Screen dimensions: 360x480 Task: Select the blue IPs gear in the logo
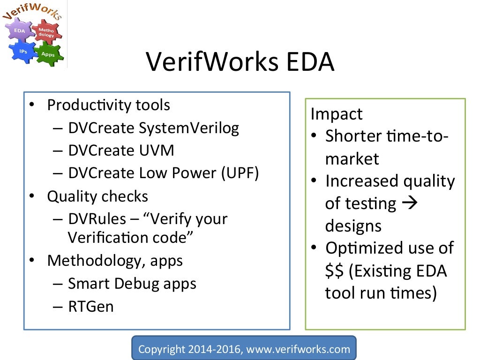22,51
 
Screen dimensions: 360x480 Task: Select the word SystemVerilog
188,127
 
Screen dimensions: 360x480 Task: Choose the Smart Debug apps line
132,283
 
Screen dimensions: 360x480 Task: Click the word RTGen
90,306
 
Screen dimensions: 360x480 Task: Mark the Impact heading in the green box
337,114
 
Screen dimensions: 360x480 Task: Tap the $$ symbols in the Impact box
335,271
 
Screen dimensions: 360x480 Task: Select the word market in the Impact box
352,159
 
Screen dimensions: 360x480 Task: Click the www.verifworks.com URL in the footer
302,349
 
